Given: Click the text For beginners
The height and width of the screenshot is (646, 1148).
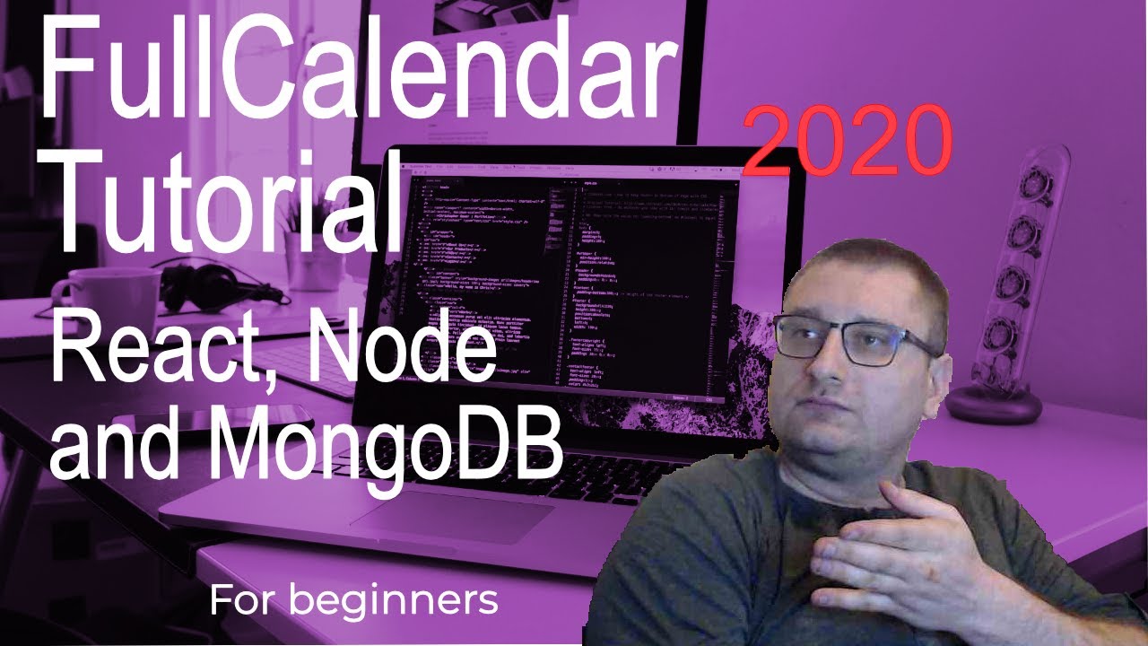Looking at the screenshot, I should [353, 600].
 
